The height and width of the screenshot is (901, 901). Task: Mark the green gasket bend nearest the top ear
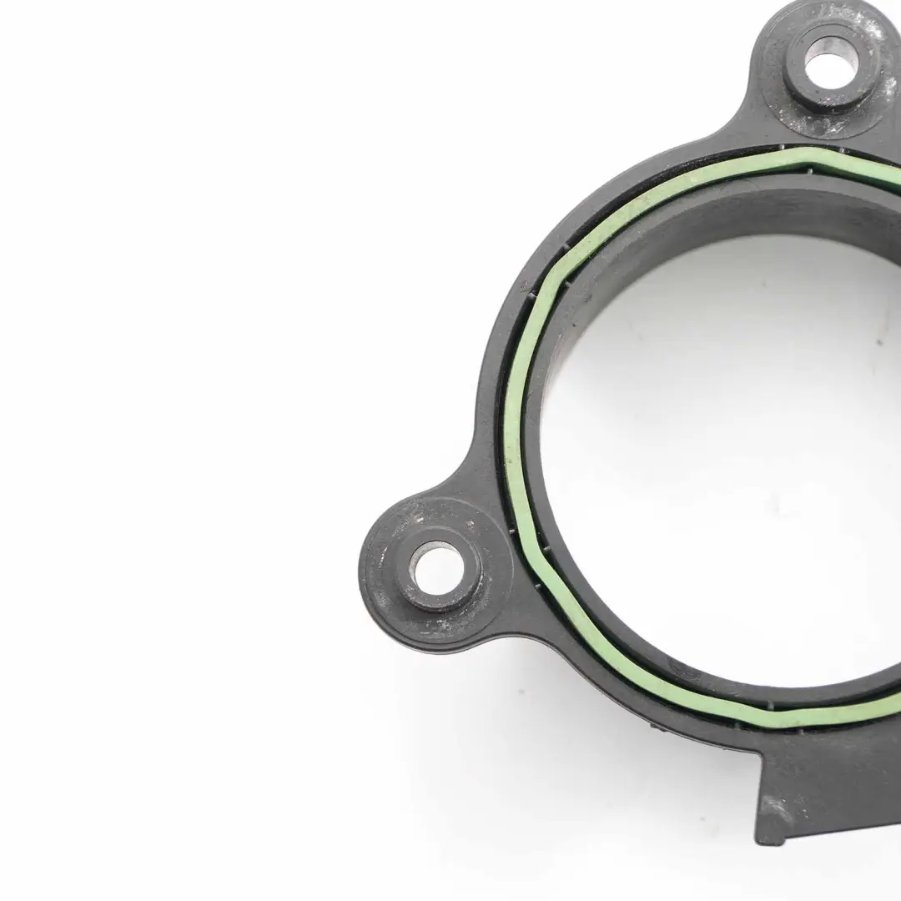pos(813,155)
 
